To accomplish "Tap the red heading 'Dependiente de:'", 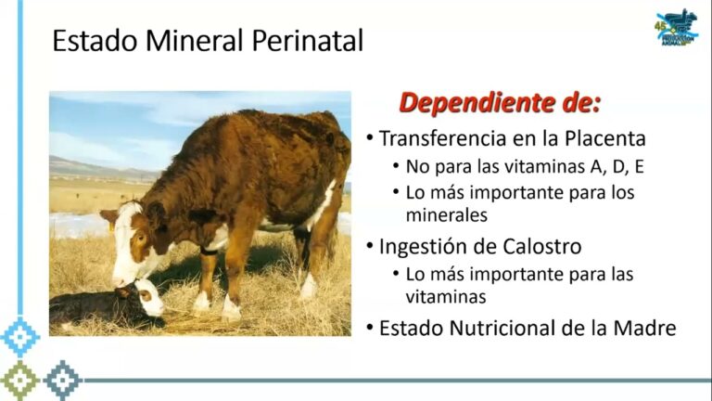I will click(x=500, y=103).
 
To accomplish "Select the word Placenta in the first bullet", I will click(x=605, y=138).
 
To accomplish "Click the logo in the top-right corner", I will click(x=677, y=28).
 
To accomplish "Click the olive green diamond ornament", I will click(x=19, y=380).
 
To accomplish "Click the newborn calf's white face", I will click(x=148, y=298).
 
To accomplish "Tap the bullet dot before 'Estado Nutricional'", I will click(x=369, y=328).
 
